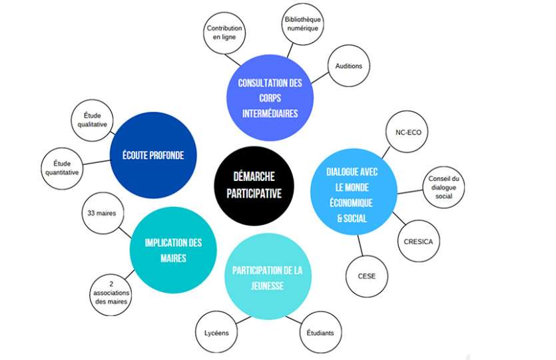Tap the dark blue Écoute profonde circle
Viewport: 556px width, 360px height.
(x=152, y=155)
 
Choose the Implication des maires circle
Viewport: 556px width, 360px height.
(x=172, y=250)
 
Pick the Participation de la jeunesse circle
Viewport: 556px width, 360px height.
(x=268, y=277)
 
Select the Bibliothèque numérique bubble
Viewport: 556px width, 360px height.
(x=302, y=26)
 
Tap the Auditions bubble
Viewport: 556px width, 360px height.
(x=348, y=67)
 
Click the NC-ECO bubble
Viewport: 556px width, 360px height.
(x=408, y=132)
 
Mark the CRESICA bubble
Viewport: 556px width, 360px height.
(x=418, y=242)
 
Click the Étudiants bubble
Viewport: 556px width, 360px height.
(x=320, y=333)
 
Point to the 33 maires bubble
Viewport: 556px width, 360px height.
(x=99, y=214)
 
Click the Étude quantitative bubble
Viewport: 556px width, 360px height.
(x=62, y=167)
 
